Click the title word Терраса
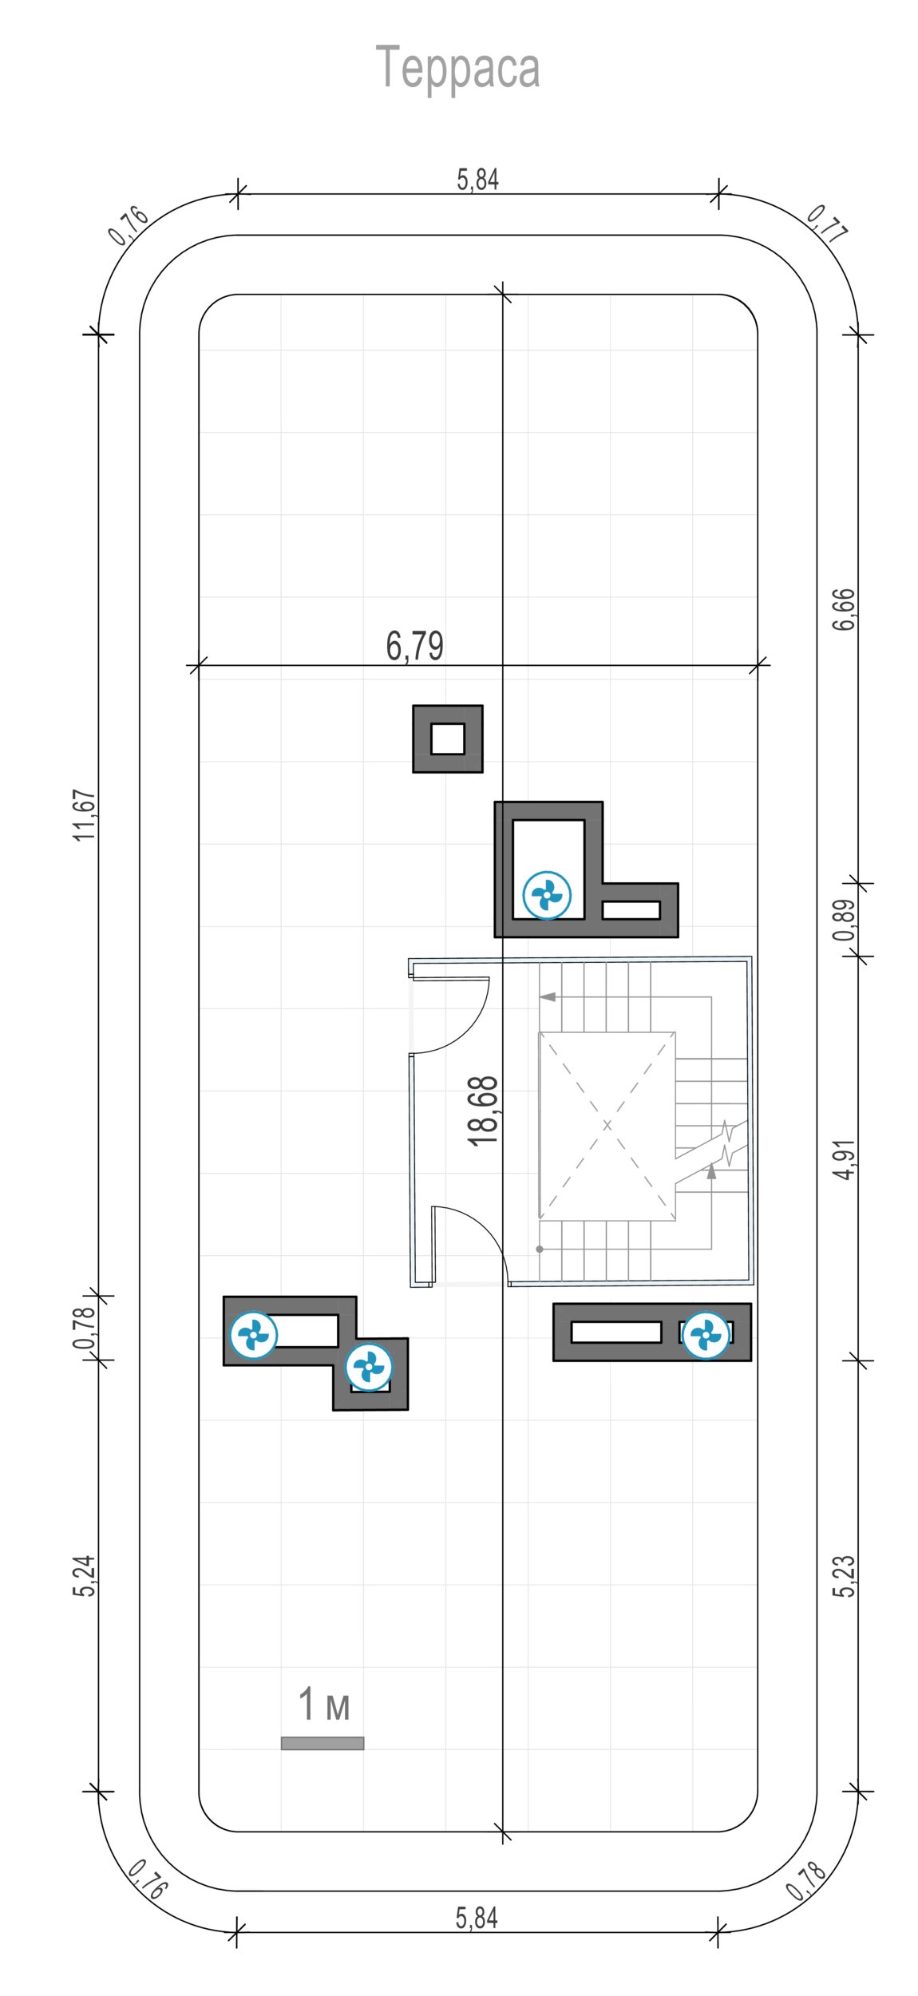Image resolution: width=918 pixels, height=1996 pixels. click(x=457, y=68)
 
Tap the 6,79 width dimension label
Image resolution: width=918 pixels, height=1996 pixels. click(x=414, y=645)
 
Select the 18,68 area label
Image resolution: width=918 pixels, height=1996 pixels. click(x=484, y=1111)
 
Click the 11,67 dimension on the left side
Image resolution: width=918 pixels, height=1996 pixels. click(x=85, y=814)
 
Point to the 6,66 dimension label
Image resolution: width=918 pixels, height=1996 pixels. click(x=844, y=609)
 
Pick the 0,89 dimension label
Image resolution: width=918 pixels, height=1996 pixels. click(x=844, y=921)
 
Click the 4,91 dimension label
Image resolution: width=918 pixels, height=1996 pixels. click(x=844, y=1159)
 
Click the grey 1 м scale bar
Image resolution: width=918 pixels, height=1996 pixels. click(x=322, y=1743)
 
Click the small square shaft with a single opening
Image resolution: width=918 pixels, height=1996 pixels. click(x=448, y=739)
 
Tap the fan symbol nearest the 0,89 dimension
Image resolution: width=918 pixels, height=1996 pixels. click(x=547, y=894)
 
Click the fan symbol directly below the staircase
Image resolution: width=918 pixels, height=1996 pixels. click(x=706, y=1334)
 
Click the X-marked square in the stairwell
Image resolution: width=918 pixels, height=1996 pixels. click(x=607, y=1126)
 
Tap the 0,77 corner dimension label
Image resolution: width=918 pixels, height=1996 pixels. click(x=827, y=224)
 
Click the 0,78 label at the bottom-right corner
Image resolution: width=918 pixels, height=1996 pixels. click(x=806, y=1881)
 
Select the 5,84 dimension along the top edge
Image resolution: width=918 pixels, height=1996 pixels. click(x=477, y=180)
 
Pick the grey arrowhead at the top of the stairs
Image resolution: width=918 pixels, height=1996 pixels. click(x=548, y=996)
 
